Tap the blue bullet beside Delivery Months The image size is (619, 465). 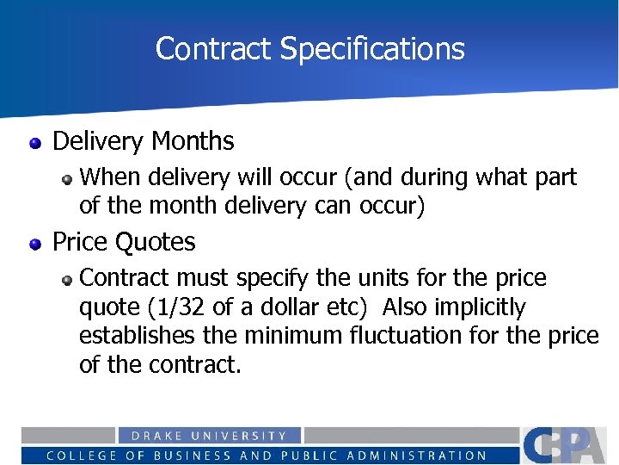(35, 142)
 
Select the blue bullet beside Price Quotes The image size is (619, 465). (35, 244)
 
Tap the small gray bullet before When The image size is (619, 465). (66, 179)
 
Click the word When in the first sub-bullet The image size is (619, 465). (111, 178)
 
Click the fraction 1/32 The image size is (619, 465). (258, 307)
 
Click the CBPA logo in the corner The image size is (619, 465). (569, 444)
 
